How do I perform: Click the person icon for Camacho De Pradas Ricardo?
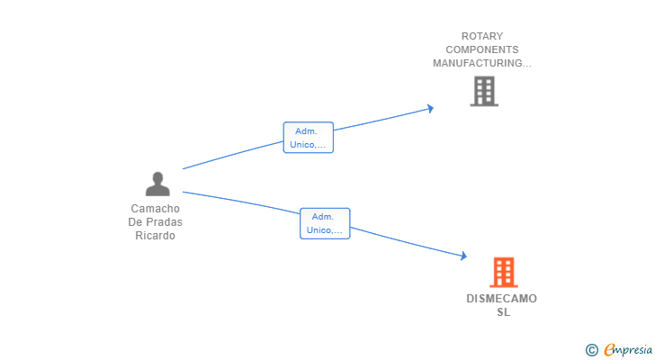[157, 184]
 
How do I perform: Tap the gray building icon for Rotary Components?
[483, 91]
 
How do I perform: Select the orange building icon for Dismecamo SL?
[503, 272]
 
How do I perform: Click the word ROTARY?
[482, 37]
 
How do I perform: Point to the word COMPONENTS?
[482, 50]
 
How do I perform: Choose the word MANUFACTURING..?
[481, 64]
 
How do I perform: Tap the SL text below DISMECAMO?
[503, 312]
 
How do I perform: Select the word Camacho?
[155, 209]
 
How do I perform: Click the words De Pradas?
[155, 222]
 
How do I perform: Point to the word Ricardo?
[155, 236]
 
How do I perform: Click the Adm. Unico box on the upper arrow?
[309, 138]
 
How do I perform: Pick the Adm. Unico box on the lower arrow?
[325, 223]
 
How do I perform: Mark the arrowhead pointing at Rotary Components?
[431, 109]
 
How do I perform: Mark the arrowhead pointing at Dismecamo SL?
[463, 256]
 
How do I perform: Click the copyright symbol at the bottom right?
[591, 350]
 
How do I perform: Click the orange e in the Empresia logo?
[609, 350]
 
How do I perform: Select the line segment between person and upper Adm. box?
[232, 156]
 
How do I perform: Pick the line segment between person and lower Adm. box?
[241, 202]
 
